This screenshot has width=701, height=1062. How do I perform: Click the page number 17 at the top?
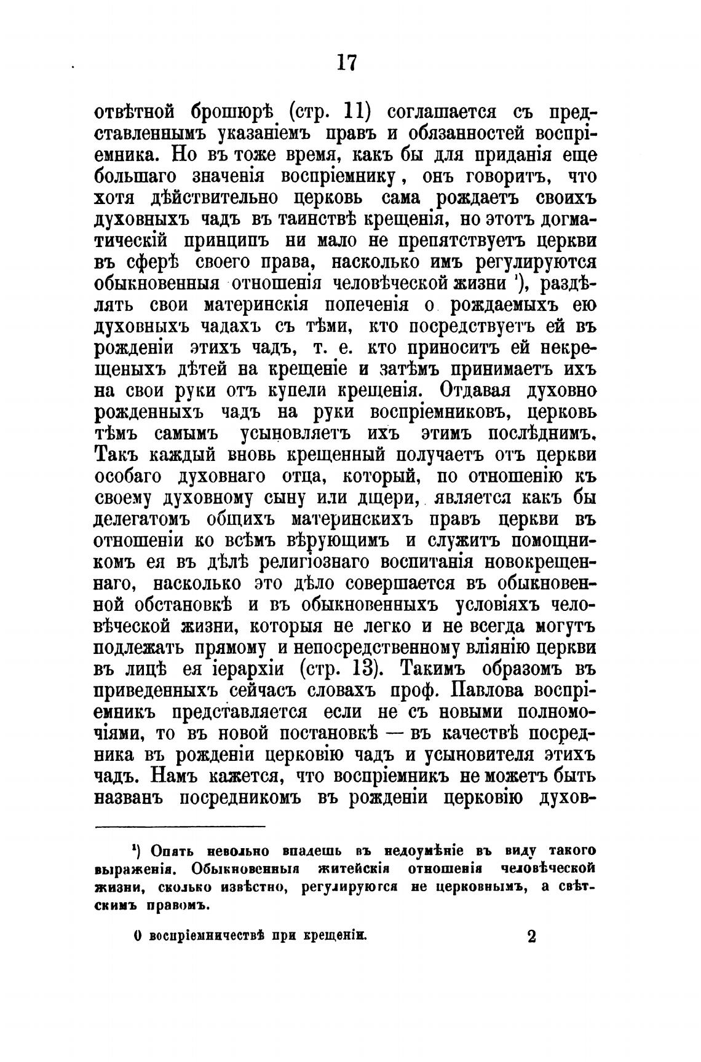[x=347, y=63]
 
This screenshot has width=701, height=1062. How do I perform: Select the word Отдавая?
[x=469, y=390]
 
